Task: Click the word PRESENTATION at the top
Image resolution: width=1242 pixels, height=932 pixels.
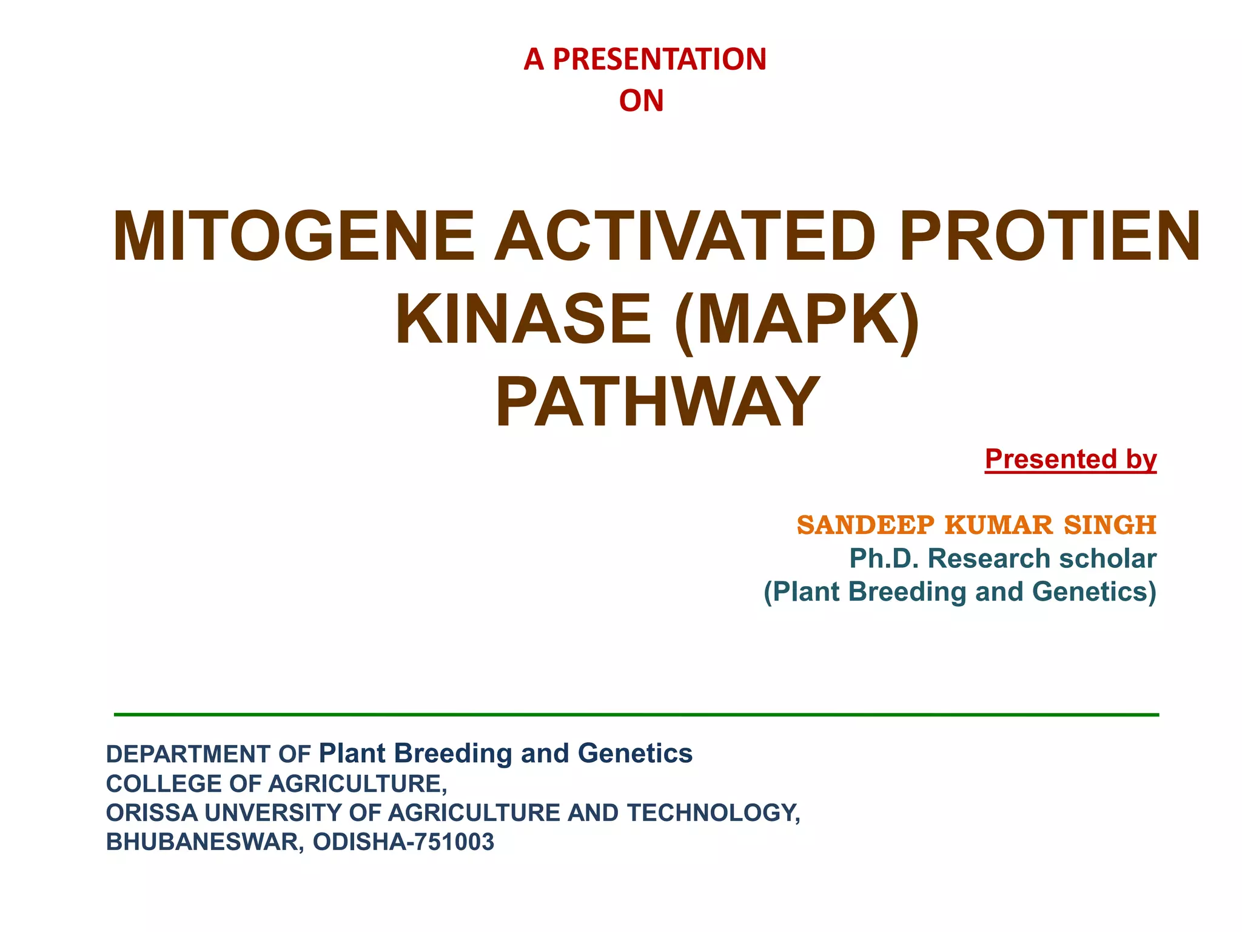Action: click(x=659, y=59)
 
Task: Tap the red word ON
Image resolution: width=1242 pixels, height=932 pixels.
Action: click(x=641, y=101)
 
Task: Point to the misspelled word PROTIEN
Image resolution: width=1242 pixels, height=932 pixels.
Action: click(x=1049, y=236)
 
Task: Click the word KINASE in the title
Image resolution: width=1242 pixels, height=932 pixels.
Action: click(x=523, y=319)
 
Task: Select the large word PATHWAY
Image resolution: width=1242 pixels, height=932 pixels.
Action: click(x=657, y=402)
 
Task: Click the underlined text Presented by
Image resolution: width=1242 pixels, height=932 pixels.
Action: click(x=1070, y=459)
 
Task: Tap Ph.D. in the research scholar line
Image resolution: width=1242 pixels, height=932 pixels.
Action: click(x=884, y=559)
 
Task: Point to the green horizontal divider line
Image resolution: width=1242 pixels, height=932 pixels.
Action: click(x=636, y=715)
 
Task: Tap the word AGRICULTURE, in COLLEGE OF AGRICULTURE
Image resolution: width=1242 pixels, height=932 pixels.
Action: click(x=358, y=784)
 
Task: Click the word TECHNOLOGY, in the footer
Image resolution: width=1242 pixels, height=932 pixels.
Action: click(x=713, y=813)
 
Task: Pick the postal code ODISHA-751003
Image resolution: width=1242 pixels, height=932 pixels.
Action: click(x=403, y=842)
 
